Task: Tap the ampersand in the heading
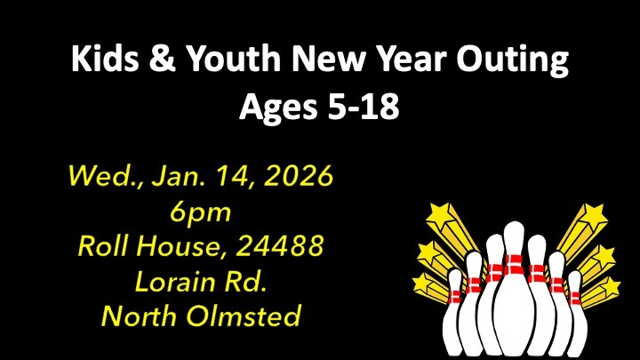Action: [162, 59]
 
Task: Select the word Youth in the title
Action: [233, 59]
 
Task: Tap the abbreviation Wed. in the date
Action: [106, 176]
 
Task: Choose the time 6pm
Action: [200, 212]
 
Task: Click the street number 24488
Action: [280, 245]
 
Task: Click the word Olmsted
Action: [244, 316]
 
